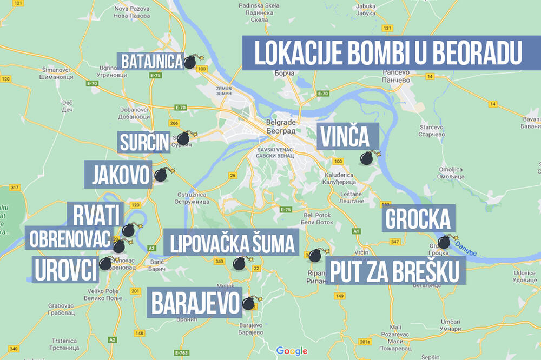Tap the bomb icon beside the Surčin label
coord(184,138)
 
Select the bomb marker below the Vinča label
coord(367,158)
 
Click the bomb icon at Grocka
coord(444,242)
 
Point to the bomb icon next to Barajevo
coord(249,303)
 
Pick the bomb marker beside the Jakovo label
coord(161,175)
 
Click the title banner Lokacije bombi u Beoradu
coord(383,53)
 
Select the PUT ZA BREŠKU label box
coord(395,270)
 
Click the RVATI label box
coord(95,215)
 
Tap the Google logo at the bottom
coord(292,351)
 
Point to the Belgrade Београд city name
coord(280,126)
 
